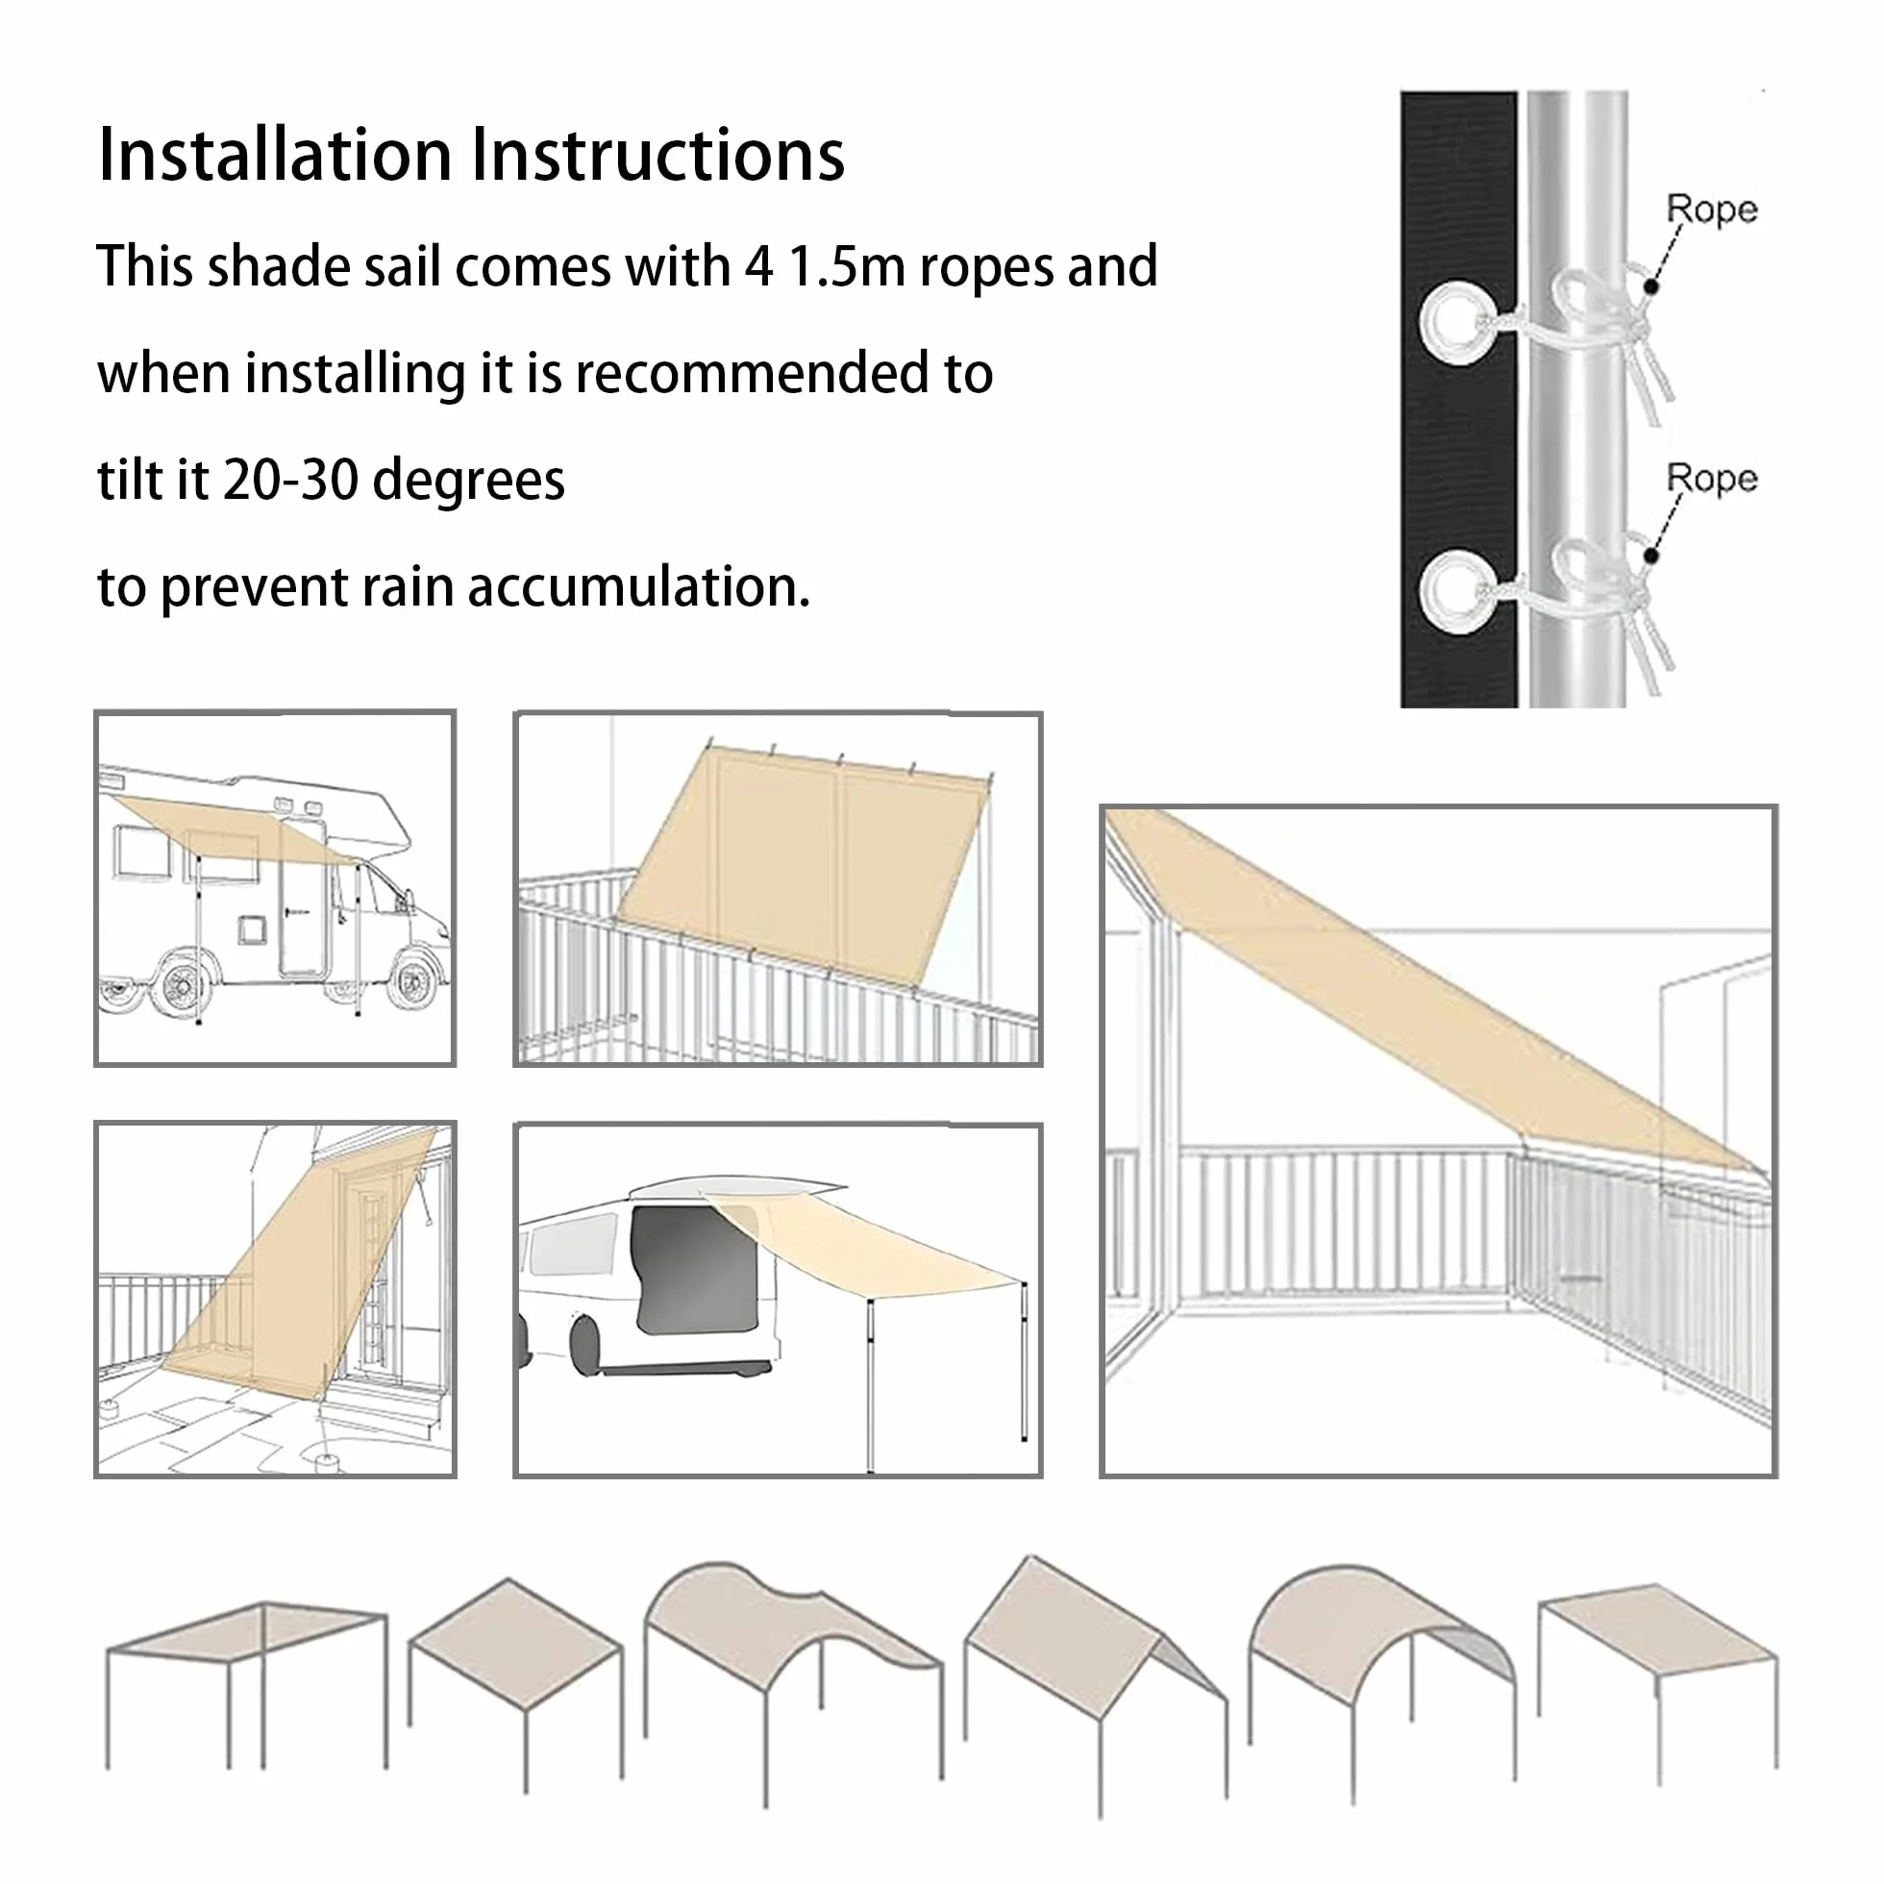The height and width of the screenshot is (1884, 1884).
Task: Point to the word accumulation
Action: [638, 587]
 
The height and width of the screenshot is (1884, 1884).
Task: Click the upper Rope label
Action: [1711, 210]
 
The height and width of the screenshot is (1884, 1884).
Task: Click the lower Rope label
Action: [1711, 479]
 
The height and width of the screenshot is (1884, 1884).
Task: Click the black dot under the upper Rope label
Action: [1651, 287]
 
